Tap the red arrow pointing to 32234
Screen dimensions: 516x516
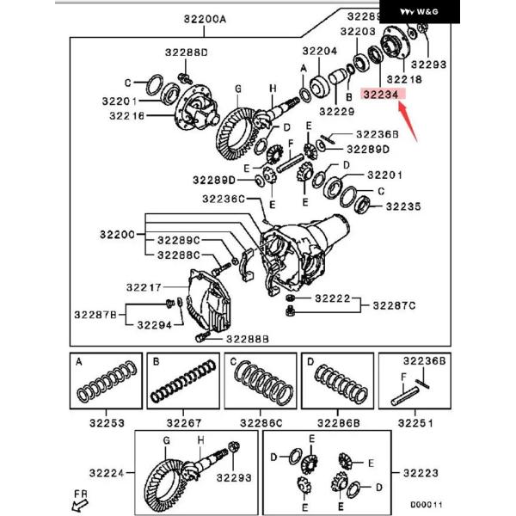pyautogui.click(x=408, y=122)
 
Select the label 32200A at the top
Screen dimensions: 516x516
pyautogui.click(x=205, y=20)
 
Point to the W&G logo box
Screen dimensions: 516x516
pyautogui.click(x=420, y=12)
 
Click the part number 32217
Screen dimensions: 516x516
pyautogui.click(x=144, y=287)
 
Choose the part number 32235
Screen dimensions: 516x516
pyautogui.click(x=403, y=206)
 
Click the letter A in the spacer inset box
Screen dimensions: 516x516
pyautogui.click(x=78, y=362)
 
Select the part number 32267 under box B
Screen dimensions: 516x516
pyautogui.click(x=184, y=423)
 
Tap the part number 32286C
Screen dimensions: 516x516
pyautogui.click(x=261, y=423)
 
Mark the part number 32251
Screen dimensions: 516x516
pyautogui.click(x=415, y=423)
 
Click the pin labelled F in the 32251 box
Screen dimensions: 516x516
pyautogui.click(x=405, y=396)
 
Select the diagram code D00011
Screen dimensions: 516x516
pyautogui.click(x=427, y=505)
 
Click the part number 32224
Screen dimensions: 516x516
pyautogui.click(x=107, y=473)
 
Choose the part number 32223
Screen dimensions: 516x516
pyautogui.click(x=421, y=473)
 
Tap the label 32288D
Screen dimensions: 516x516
pyautogui.click(x=187, y=52)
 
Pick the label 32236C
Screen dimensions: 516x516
pyautogui.click(x=224, y=200)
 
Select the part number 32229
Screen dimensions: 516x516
pyautogui.click(x=337, y=112)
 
